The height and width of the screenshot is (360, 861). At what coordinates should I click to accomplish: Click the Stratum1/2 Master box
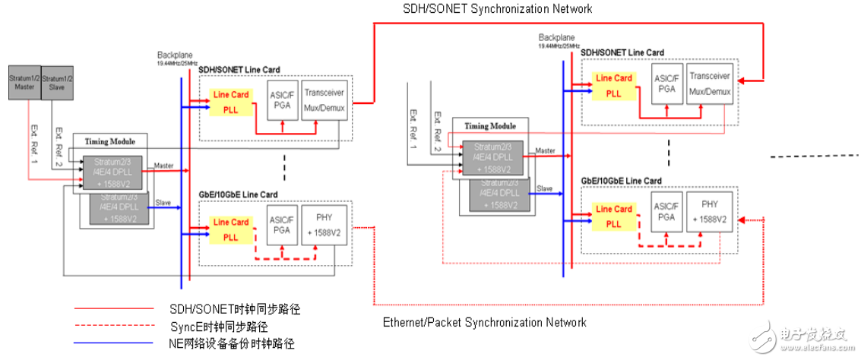[x=22, y=81]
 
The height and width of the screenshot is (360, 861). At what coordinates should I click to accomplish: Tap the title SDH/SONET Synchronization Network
[x=497, y=9]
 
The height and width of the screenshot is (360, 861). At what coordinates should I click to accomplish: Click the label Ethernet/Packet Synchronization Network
[x=485, y=323]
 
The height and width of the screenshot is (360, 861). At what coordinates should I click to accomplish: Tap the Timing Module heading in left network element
[x=109, y=141]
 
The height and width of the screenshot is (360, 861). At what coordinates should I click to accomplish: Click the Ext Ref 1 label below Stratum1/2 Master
[x=33, y=141]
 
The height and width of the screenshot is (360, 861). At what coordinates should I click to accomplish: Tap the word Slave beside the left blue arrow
[x=163, y=203]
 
